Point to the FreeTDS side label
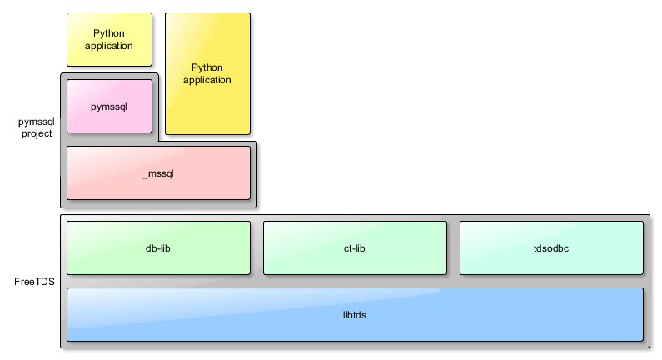click(34, 282)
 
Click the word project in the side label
click(37, 133)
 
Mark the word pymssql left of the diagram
click(37, 122)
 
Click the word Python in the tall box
click(207, 67)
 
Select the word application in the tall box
click(207, 80)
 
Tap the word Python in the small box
click(109, 33)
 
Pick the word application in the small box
click(109, 46)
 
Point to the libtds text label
click(355, 315)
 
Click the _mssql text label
click(158, 173)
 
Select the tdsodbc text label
click(551, 248)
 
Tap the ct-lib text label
click(355, 248)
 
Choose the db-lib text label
click(158, 248)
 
